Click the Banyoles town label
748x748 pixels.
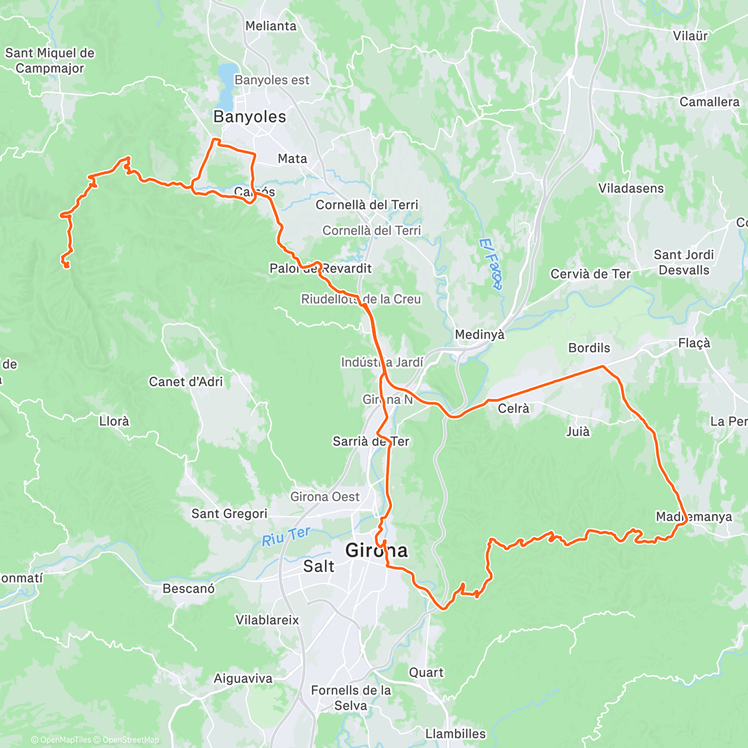tap(249, 117)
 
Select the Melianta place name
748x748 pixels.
tap(271, 26)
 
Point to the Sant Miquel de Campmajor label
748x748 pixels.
tap(50, 60)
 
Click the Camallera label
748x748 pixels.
tap(709, 102)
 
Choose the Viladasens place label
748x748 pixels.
tap(631, 188)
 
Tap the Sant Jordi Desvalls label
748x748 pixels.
tap(684, 262)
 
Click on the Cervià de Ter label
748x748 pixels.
tap(590, 274)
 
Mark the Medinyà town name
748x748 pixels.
tap(479, 335)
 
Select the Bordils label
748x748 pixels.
tap(589, 348)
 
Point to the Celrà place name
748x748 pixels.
tap(514, 408)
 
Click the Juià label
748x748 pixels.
tap(577, 431)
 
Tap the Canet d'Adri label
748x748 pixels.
tap(186, 381)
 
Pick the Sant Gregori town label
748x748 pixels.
tap(229, 514)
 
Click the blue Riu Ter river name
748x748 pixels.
tap(285, 537)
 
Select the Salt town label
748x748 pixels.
tap(319, 566)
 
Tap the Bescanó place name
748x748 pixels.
tap(188, 588)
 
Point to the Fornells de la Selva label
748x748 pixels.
tap(351, 698)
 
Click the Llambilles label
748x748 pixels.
tap(455, 734)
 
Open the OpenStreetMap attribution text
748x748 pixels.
tap(130, 740)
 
